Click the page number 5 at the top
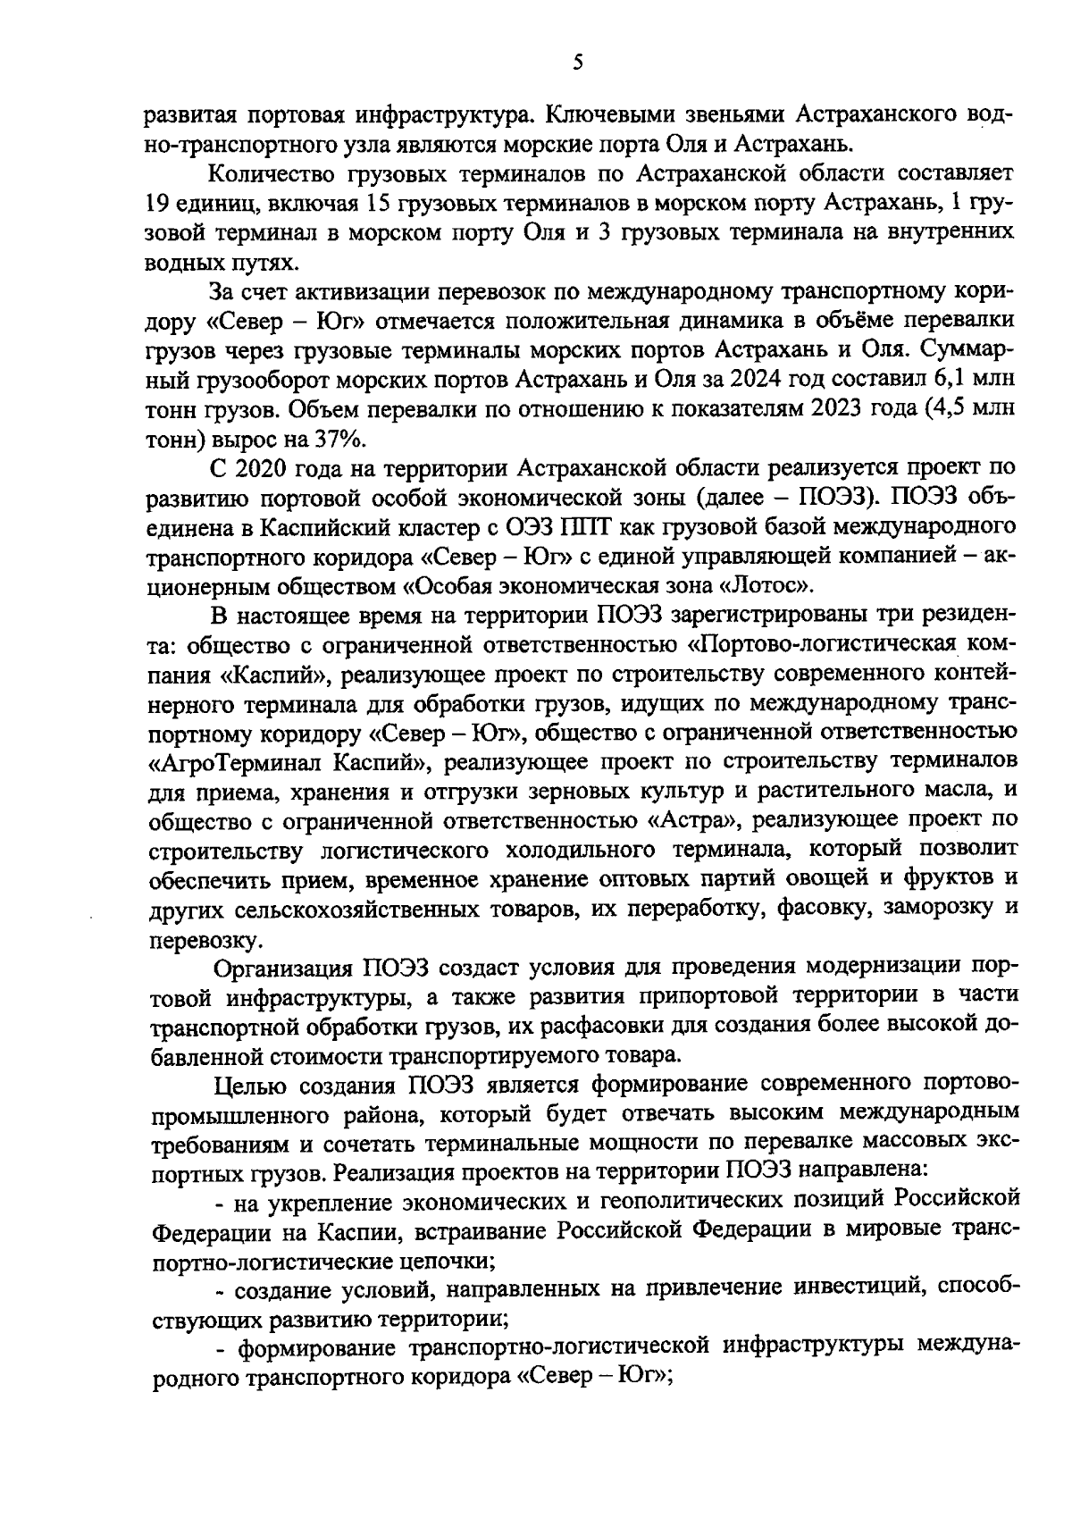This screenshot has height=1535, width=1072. pyautogui.click(x=576, y=62)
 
